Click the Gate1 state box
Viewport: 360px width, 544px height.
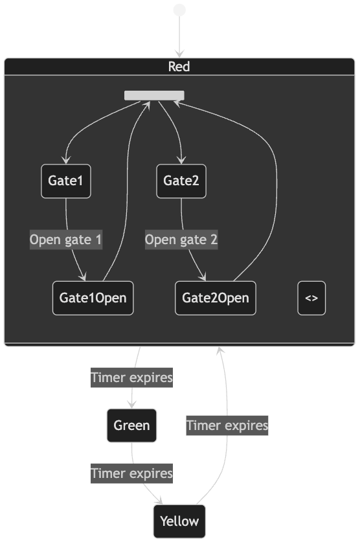tap(66, 181)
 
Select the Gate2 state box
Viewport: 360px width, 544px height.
tap(181, 181)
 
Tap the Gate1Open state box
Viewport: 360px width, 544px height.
tap(93, 298)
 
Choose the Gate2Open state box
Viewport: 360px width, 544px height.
tap(216, 298)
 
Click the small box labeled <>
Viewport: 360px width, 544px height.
tap(311, 298)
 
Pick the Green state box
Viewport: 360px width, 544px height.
tap(132, 425)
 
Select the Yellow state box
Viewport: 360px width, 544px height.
tap(179, 521)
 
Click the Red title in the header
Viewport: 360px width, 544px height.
tap(179, 66)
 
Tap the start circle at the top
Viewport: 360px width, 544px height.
tap(179, 10)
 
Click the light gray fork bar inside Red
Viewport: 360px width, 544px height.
tap(154, 95)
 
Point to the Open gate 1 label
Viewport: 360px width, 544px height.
tap(66, 240)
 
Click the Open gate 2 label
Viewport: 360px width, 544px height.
tap(181, 240)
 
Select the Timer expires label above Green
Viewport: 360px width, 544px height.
tap(132, 378)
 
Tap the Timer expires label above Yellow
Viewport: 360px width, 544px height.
tap(132, 473)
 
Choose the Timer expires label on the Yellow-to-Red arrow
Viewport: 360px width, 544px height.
tap(227, 425)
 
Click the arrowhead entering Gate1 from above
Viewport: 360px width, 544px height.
tap(66, 161)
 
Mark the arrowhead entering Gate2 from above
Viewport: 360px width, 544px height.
tap(181, 161)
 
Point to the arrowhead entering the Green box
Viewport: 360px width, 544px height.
tap(132, 405)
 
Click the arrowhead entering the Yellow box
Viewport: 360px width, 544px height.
tap(159, 501)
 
